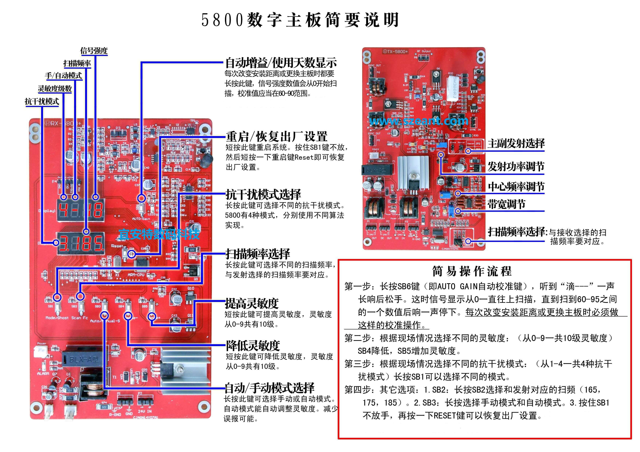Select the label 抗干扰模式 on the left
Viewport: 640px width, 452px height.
click(x=42, y=101)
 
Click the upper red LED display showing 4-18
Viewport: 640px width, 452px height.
click(x=81, y=210)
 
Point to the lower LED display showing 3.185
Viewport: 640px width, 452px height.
click(x=81, y=243)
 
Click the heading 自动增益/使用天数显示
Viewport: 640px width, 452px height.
click(x=281, y=63)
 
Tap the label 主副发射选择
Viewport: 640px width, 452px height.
click(x=516, y=143)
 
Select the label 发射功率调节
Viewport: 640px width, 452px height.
click(x=516, y=167)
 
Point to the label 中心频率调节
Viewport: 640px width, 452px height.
click(x=516, y=187)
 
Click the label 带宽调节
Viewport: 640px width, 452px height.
click(x=506, y=204)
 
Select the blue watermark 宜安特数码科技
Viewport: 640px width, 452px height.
click(x=159, y=234)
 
